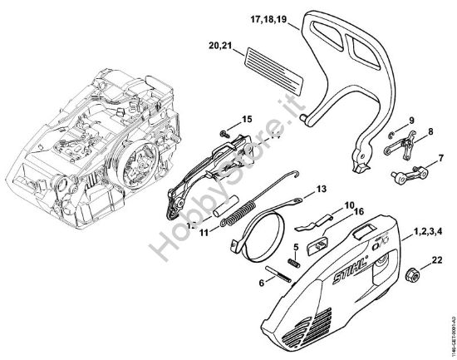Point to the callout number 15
click(x=247, y=119)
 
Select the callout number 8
click(x=430, y=131)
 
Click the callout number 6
click(x=261, y=283)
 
